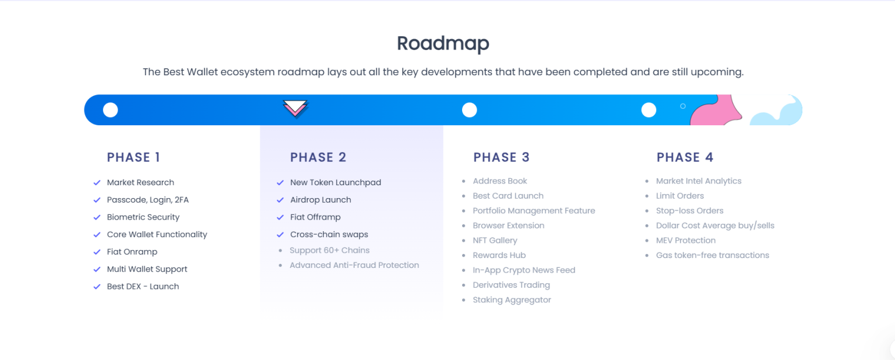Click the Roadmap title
[x=443, y=44]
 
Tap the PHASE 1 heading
[x=133, y=157]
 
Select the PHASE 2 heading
[x=318, y=157]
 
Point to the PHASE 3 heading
[x=502, y=157]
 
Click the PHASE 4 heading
[x=685, y=157]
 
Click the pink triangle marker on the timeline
[x=295, y=108]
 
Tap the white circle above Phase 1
[x=110, y=110]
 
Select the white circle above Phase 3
[x=470, y=110]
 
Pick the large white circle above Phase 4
[x=649, y=110]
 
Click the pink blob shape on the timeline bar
[x=717, y=112]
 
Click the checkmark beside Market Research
[x=97, y=182]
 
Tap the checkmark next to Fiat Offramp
[x=280, y=217]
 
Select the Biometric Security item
[x=143, y=217]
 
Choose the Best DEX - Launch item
[x=143, y=287]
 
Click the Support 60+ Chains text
[x=330, y=250]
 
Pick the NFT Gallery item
[x=495, y=240]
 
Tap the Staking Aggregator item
[x=512, y=299]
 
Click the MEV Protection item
[x=686, y=240]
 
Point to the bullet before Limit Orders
[x=647, y=196]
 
